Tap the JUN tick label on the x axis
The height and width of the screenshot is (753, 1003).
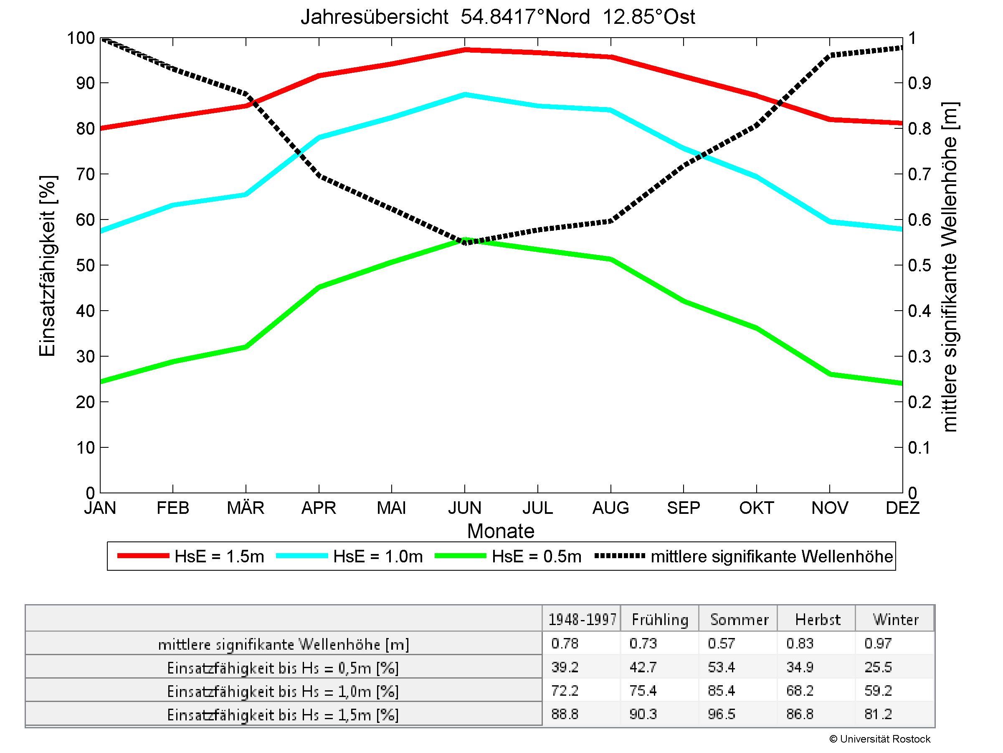tap(464, 508)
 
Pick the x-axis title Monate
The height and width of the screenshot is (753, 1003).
tap(501, 531)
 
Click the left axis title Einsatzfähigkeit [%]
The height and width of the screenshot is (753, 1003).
tap(47, 265)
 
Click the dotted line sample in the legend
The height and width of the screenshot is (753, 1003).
tap(619, 556)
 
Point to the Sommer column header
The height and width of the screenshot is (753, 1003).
tap(739, 620)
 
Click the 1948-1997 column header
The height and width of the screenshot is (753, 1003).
tap(582, 620)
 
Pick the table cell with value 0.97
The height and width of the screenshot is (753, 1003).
tap(878, 643)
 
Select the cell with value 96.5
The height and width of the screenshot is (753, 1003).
tap(722, 715)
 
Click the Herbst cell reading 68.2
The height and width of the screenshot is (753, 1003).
tap(800, 691)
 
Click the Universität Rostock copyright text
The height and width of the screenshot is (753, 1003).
tap(880, 739)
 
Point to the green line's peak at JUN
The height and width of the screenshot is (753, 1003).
tap(465, 240)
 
